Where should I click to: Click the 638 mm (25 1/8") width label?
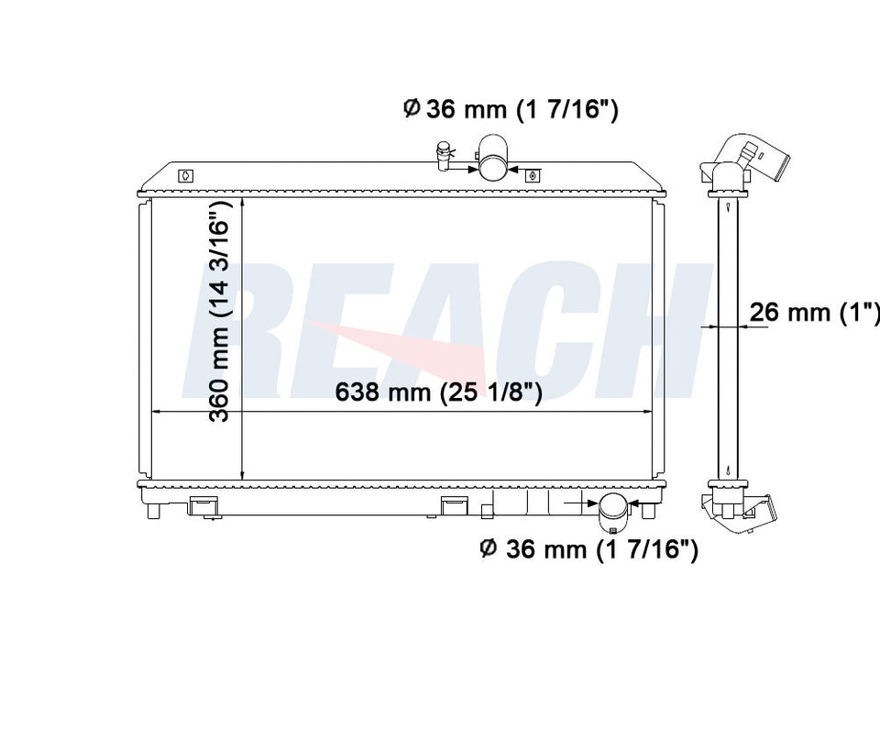pyautogui.click(x=438, y=392)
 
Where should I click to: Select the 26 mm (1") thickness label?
pyautogui.click(x=814, y=312)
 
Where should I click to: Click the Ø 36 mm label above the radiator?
pyautogui.click(x=511, y=109)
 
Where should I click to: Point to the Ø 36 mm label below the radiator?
pyautogui.click(x=589, y=548)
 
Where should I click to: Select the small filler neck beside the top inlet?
pyautogui.click(x=444, y=156)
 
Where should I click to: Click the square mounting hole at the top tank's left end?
pyautogui.click(x=186, y=176)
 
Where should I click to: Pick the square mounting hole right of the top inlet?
pyautogui.click(x=533, y=176)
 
